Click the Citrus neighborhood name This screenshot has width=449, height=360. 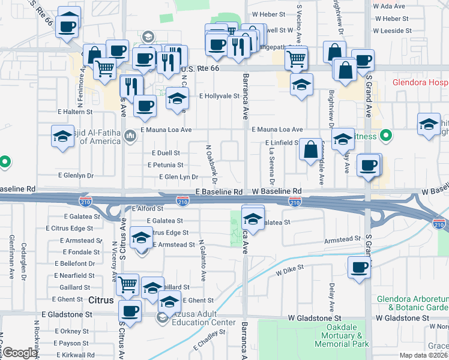tap(100, 299)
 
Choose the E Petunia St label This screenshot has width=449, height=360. tap(165, 165)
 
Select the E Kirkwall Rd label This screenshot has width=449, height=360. tap(74, 355)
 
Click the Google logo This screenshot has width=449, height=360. tap(19, 353)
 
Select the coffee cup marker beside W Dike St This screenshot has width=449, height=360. tap(360, 268)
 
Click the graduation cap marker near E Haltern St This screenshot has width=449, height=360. tap(62, 136)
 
